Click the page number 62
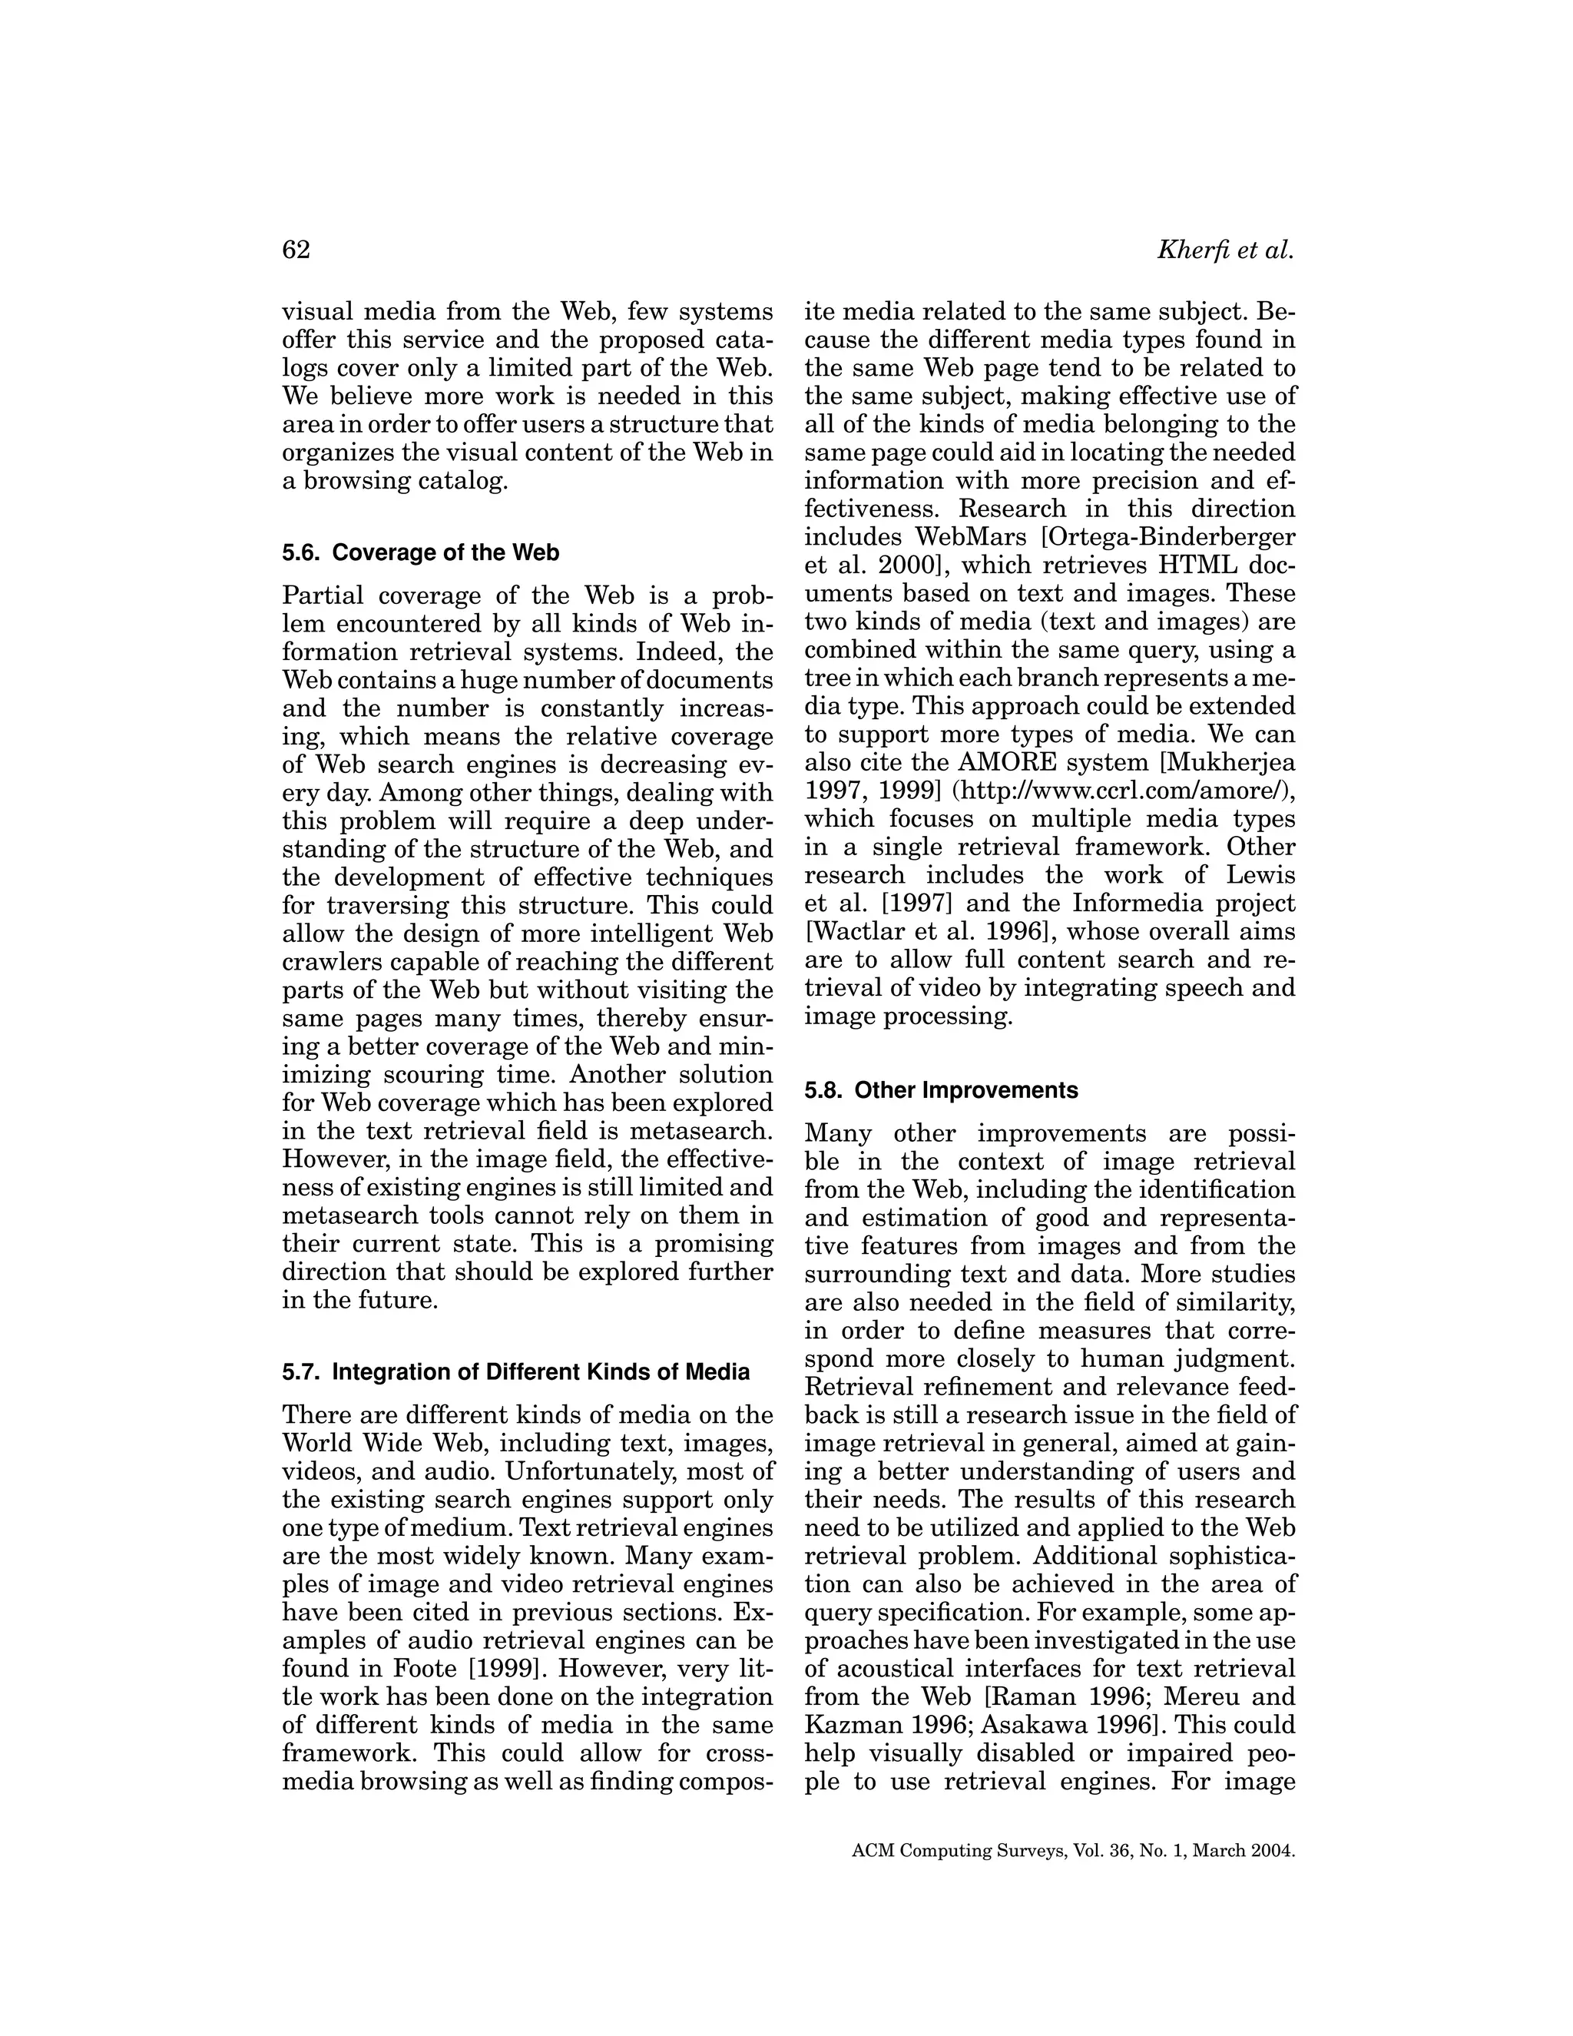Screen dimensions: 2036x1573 296,250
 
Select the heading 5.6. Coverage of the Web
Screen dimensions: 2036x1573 420,553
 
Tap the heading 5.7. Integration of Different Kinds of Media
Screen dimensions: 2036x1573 515,1372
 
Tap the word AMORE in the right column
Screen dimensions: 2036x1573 1011,763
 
